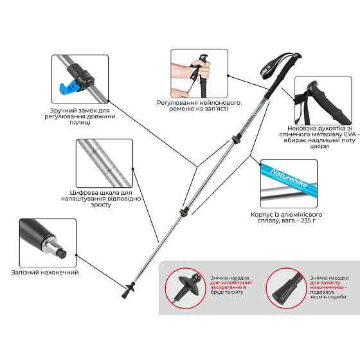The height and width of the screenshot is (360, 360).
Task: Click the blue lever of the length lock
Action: pyautogui.click(x=68, y=87)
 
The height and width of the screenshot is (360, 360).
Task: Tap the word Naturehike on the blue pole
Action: pyautogui.click(x=289, y=179)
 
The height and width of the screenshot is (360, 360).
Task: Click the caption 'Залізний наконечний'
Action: pyautogui.click(x=45, y=273)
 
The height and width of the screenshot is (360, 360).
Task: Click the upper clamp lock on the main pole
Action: pyautogui.click(x=236, y=139)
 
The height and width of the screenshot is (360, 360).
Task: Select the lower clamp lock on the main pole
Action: pyautogui.click(x=184, y=212)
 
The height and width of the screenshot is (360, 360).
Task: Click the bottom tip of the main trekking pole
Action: pyautogui.click(x=123, y=298)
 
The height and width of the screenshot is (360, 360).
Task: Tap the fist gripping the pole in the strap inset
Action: pyautogui.click(x=201, y=68)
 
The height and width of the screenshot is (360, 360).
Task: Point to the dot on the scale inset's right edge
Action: pyautogui.click(x=132, y=168)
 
